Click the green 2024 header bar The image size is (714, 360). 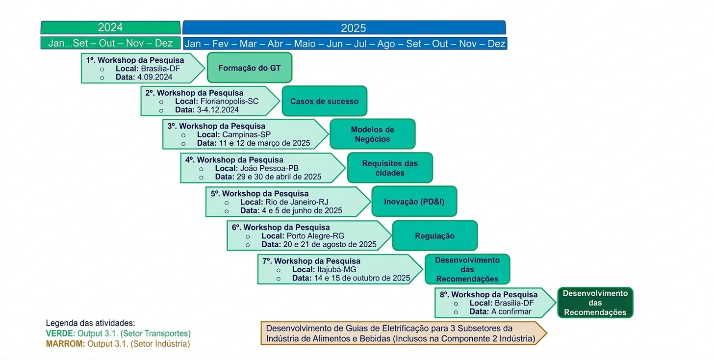tap(110, 27)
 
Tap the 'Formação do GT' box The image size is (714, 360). tap(250, 68)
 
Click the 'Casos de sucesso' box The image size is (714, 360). tap(324, 102)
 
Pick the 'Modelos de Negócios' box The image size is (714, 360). tap(372, 134)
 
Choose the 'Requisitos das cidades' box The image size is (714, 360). tap(390, 168)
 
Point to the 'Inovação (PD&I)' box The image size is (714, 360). tap(414, 201)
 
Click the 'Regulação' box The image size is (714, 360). tap(434, 236)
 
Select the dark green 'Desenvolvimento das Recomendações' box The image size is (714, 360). tap(595, 303)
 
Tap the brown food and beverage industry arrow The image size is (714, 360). tap(402, 333)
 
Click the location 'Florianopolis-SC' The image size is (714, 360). tap(229, 102)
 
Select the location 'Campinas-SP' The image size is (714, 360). tap(246, 134)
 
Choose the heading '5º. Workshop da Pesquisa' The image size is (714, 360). tap(259, 194)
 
